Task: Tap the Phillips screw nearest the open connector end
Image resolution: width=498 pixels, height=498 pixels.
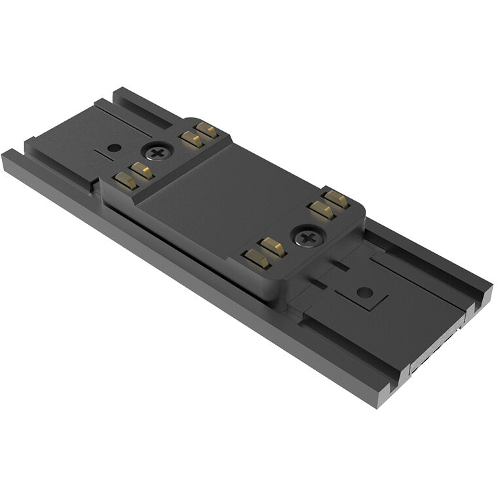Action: point(307,237)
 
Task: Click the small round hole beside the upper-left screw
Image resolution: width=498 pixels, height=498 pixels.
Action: point(114,148)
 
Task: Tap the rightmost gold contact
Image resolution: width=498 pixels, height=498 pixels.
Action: point(337,199)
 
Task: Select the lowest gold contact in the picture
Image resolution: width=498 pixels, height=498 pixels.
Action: point(256,259)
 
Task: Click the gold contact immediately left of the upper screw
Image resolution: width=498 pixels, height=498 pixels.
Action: point(142,172)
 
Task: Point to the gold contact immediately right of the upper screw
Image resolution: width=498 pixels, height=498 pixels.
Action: point(191,138)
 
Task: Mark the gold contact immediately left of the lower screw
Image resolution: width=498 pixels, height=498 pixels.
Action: point(273,247)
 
